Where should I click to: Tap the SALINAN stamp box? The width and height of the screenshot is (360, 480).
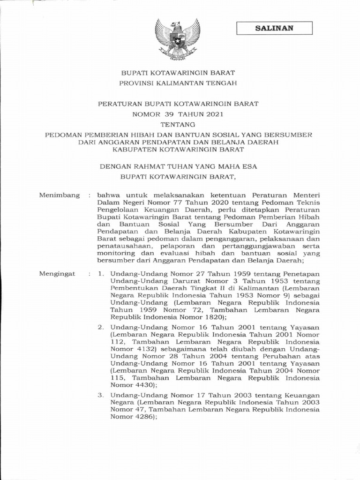point(274,28)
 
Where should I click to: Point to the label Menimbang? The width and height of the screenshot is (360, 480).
point(60,195)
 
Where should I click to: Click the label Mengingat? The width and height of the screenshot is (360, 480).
point(57,274)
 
